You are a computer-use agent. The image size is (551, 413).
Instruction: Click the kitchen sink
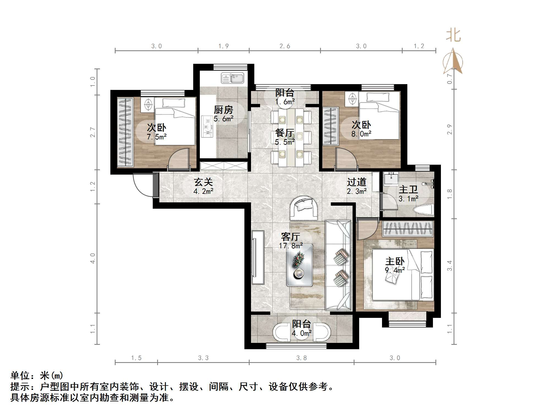coord(233,78)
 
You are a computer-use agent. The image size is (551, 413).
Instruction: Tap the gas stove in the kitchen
coord(207,127)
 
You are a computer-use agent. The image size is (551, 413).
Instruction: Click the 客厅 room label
coord(291,236)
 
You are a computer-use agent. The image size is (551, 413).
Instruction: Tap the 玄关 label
coord(203,182)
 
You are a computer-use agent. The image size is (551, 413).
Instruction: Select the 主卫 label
coord(408,189)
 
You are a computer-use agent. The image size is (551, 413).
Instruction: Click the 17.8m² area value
coord(291,246)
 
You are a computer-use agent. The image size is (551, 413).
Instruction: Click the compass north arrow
coord(453,62)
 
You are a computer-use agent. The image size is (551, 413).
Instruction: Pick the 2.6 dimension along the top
coord(285,46)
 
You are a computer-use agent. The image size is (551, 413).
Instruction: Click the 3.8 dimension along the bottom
coord(301,358)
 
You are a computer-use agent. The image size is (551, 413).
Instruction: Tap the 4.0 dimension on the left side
coord(93,258)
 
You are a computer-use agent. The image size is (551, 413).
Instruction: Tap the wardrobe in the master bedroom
coord(408,229)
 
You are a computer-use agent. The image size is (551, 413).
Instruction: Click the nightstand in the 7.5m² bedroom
coord(148,105)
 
